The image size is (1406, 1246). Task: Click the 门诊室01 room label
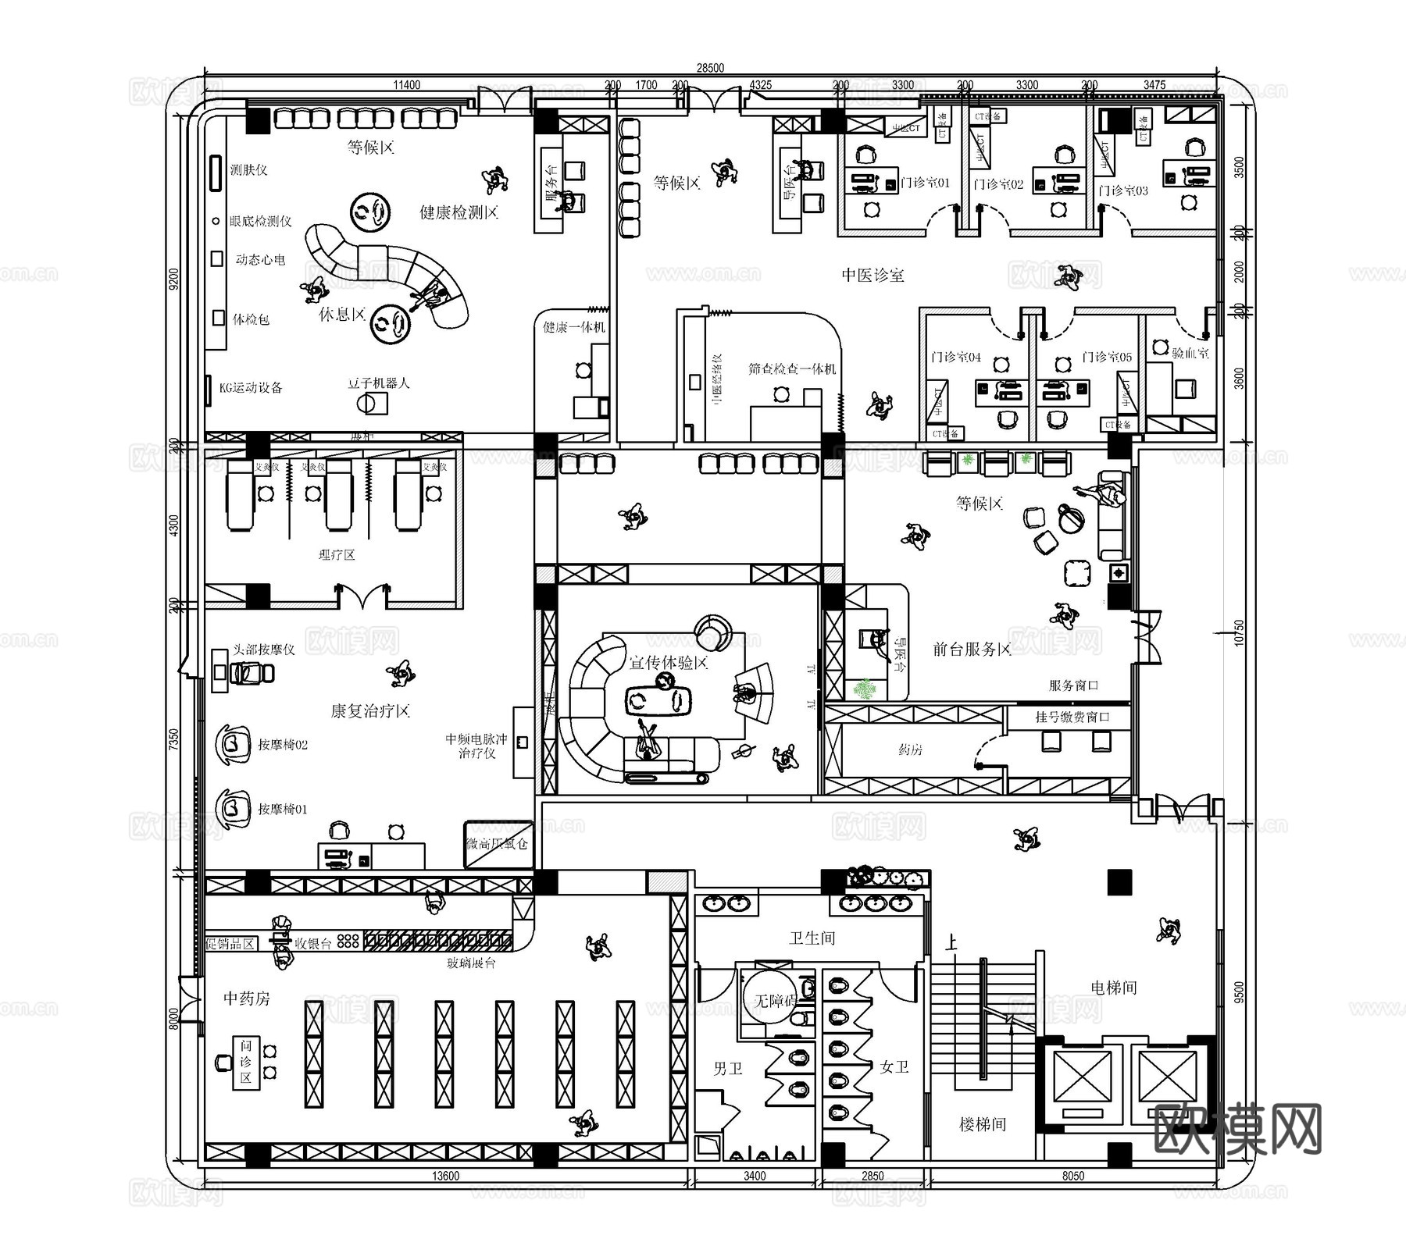point(925,183)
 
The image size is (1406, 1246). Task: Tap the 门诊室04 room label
point(955,358)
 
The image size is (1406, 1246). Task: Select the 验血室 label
point(1190,352)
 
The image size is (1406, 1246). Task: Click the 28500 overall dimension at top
point(709,69)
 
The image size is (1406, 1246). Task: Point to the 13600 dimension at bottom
point(445,1176)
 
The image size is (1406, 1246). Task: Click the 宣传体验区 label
point(669,663)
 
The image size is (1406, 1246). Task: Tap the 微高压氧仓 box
point(498,844)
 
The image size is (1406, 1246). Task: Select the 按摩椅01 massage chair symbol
point(233,808)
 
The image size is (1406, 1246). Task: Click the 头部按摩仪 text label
point(264,650)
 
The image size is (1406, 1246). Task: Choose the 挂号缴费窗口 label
point(1072,717)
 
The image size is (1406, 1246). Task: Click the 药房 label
point(910,749)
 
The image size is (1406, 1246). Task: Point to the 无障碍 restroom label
point(775,1000)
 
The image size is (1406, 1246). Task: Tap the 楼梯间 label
point(983,1124)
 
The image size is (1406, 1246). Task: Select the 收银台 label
point(313,943)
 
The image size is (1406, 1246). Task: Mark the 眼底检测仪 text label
point(260,222)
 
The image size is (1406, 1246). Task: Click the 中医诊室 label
point(873,275)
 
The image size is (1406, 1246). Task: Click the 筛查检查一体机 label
point(791,368)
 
